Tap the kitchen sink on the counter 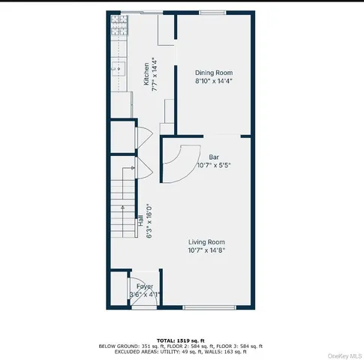pyautogui.click(x=117, y=70)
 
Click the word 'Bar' pyautogui.click(x=213, y=157)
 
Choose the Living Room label pyautogui.click(x=206, y=241)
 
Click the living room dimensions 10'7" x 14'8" pyautogui.click(x=206, y=250)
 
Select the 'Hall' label pyautogui.click(x=140, y=221)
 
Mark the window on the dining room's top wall pyautogui.click(x=212, y=13)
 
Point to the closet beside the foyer pyautogui.click(x=118, y=291)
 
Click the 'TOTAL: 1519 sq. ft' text pyautogui.click(x=181, y=340)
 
